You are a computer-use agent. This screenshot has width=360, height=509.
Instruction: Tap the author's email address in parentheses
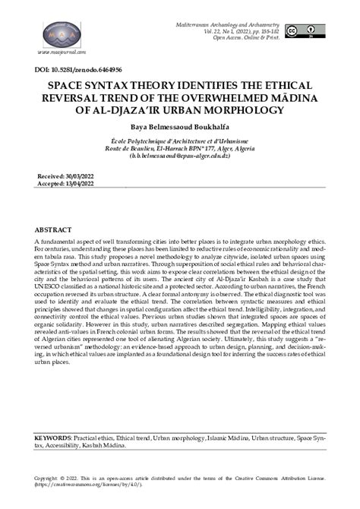pos(179,155)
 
